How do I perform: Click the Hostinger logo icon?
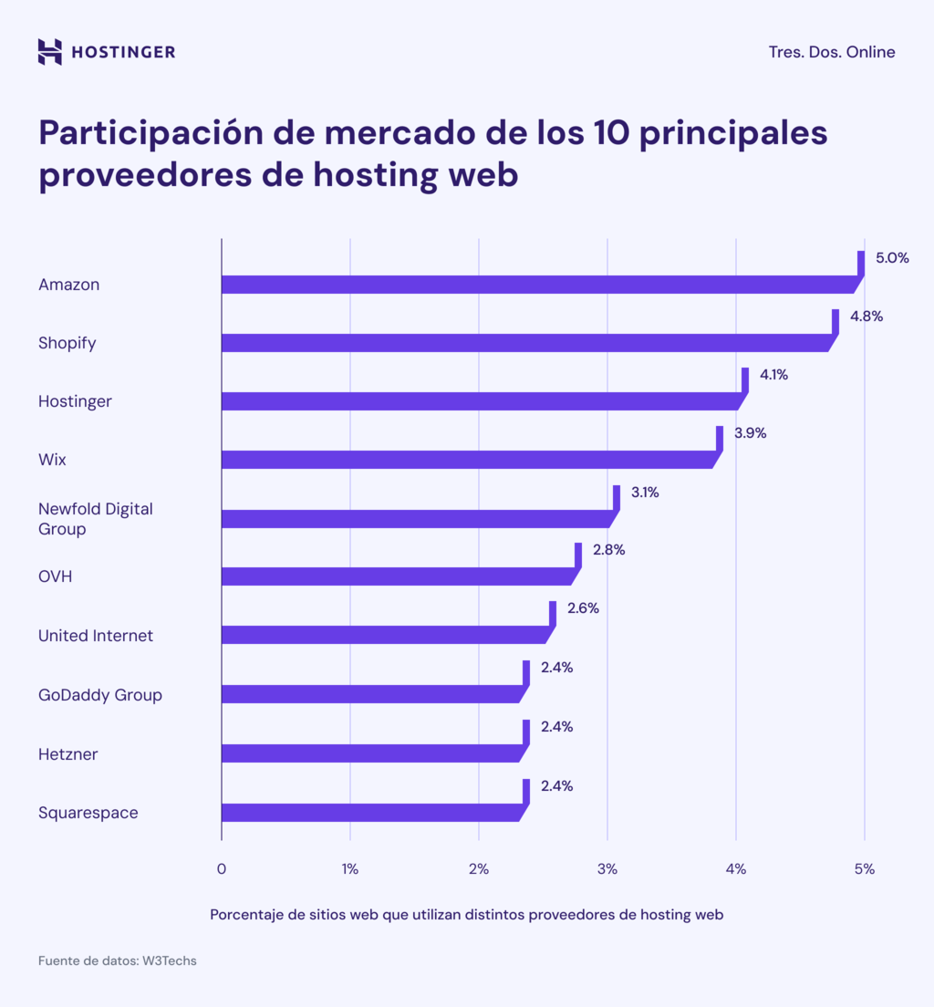49,52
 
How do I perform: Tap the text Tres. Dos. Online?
831,52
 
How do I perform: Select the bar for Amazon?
538,285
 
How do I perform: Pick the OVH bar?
397,576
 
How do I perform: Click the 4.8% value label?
867,317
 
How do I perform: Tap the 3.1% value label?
645,493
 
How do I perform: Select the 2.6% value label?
583,608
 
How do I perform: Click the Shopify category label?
67,343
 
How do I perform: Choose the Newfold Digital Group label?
95,519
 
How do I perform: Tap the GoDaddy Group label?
99,695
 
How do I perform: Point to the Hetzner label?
67,754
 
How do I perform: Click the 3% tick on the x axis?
607,869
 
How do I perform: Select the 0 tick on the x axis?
222,869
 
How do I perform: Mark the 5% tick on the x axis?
864,869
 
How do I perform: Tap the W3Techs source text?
169,960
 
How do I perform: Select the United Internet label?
96,636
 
